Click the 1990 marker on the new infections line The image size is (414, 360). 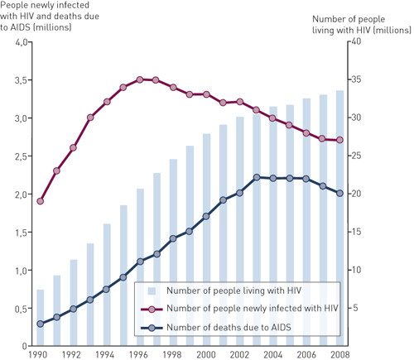(x=41, y=201)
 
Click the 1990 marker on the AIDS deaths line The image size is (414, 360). (x=41, y=324)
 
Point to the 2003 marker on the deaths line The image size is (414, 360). (x=257, y=177)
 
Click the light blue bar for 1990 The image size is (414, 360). (x=41, y=318)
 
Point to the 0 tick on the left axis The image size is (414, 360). (x=24, y=346)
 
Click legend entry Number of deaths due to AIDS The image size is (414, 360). (x=232, y=328)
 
